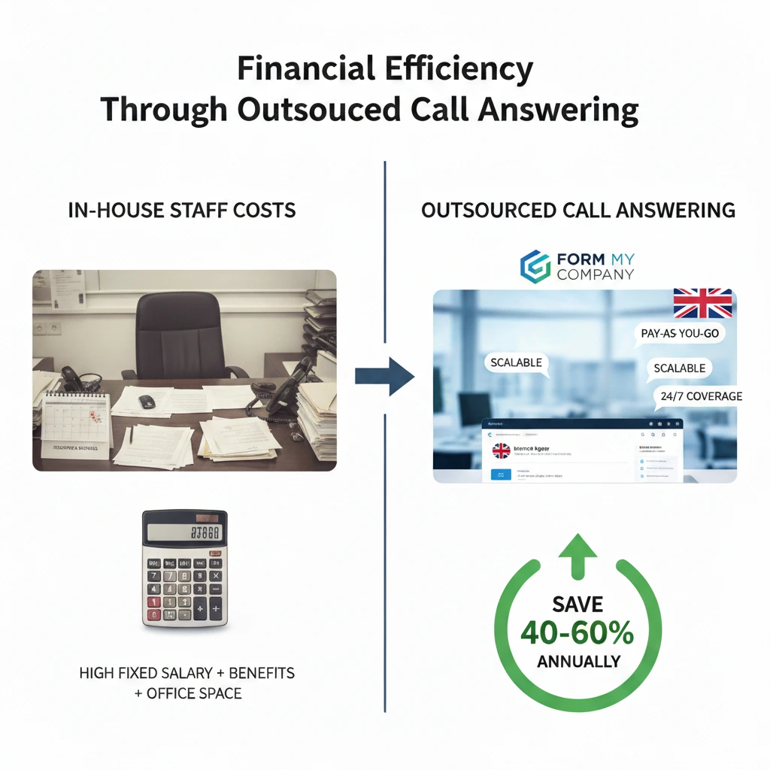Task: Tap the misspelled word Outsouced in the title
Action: tap(317, 110)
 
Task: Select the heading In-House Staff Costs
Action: tap(182, 211)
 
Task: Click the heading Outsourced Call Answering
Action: tap(577, 211)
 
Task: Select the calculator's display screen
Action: tap(184, 532)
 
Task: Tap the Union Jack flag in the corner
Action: tap(702, 303)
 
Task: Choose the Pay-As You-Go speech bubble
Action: tap(680, 333)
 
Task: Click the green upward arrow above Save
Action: tap(577, 555)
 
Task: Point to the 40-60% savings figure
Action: tap(577, 633)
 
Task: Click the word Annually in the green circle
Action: tap(578, 662)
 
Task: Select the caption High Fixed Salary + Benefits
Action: tap(186, 672)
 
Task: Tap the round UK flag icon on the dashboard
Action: tap(501, 451)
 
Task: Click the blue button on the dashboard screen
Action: tap(500, 474)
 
